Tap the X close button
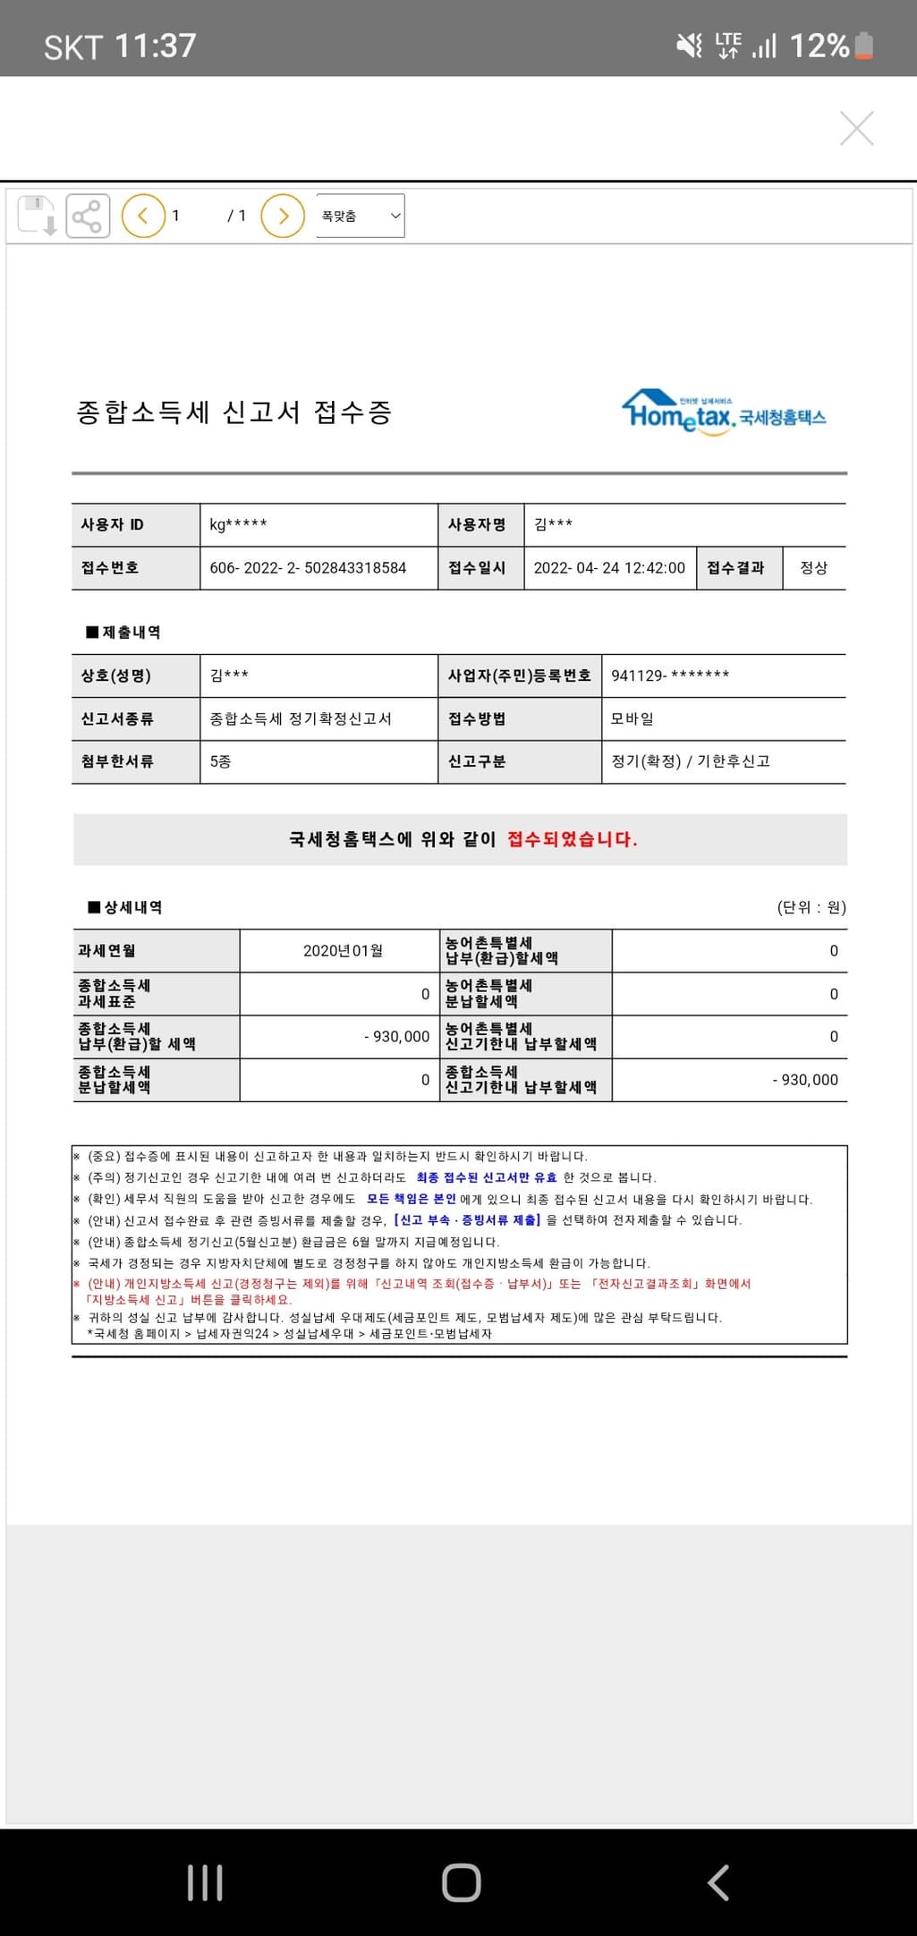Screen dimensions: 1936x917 [856, 128]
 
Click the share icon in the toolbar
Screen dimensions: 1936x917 [87, 216]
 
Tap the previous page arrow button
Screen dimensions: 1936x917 [143, 216]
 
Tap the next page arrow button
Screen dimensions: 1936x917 [283, 216]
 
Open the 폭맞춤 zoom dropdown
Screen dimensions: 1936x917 [360, 216]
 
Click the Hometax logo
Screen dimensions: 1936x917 [723, 412]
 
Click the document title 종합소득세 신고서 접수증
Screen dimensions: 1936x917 [234, 412]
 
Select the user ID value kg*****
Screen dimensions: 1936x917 [238, 524]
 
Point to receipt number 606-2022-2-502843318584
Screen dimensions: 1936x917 [308, 568]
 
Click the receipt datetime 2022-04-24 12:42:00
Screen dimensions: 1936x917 [609, 568]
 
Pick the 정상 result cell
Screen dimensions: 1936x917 [813, 568]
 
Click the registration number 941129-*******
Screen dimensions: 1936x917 [670, 675]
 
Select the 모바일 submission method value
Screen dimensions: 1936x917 [633, 718]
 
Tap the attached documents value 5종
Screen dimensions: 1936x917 [220, 761]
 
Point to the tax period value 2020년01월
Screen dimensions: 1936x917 [343, 951]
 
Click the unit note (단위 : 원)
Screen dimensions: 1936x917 [811, 907]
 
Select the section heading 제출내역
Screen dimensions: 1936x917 [131, 633]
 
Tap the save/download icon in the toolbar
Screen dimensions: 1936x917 [37, 216]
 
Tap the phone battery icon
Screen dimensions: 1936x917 [863, 45]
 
